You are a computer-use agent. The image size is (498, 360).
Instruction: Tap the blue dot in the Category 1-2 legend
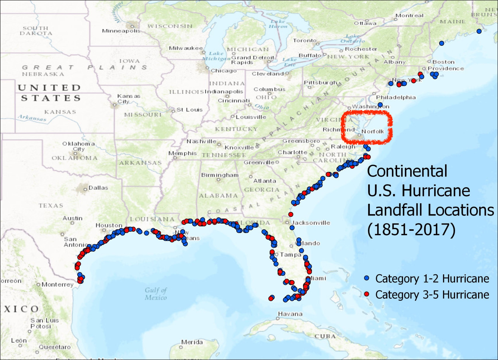(367, 278)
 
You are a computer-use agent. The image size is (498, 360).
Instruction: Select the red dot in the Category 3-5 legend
(367, 294)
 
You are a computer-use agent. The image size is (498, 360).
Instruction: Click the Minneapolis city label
(121, 31)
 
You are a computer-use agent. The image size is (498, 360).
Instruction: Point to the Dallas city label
(98, 188)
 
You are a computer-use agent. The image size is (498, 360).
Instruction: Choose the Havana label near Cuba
(290, 314)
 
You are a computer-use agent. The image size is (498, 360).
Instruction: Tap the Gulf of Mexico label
(156, 294)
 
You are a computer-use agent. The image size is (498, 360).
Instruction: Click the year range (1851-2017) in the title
(411, 230)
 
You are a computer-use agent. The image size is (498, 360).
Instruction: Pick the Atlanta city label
(265, 181)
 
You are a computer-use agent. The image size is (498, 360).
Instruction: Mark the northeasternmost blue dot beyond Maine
(479, 31)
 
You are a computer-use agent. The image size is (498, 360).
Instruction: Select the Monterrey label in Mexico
(57, 284)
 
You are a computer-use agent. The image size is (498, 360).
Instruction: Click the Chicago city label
(223, 71)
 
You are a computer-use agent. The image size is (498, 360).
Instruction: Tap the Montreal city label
(409, 16)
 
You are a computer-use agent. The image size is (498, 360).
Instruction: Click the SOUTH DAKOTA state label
(36, 31)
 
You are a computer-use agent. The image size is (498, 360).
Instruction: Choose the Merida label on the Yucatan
(192, 342)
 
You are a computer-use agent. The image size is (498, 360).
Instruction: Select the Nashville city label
(201, 141)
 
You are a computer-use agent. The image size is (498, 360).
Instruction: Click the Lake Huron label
(278, 24)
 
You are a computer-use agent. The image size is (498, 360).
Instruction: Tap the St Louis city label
(190, 110)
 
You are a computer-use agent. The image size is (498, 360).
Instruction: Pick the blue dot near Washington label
(380, 105)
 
